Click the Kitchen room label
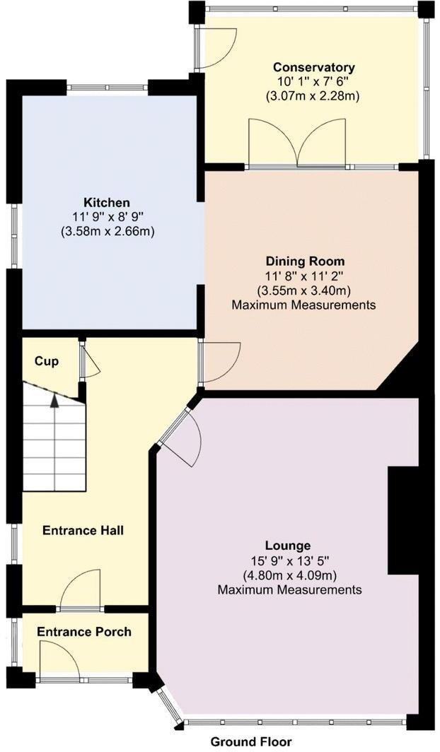click(x=107, y=202)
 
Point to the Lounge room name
click(x=288, y=546)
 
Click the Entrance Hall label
click(x=83, y=530)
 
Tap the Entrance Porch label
click(x=84, y=631)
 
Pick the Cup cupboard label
click(x=47, y=361)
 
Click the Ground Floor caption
click(x=251, y=741)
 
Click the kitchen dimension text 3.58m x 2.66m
click(x=107, y=231)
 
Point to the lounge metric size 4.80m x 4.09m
click(x=289, y=575)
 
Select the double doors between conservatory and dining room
click(x=297, y=145)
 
